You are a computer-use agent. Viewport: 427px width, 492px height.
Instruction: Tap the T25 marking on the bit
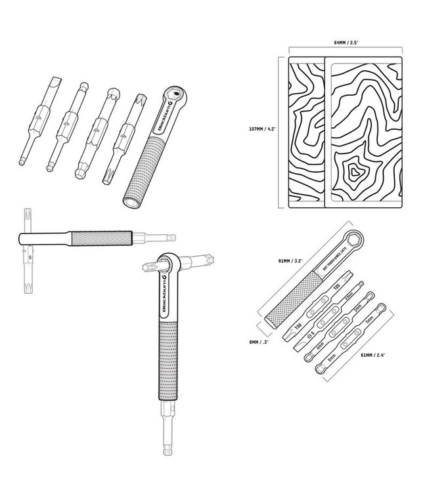336,287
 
